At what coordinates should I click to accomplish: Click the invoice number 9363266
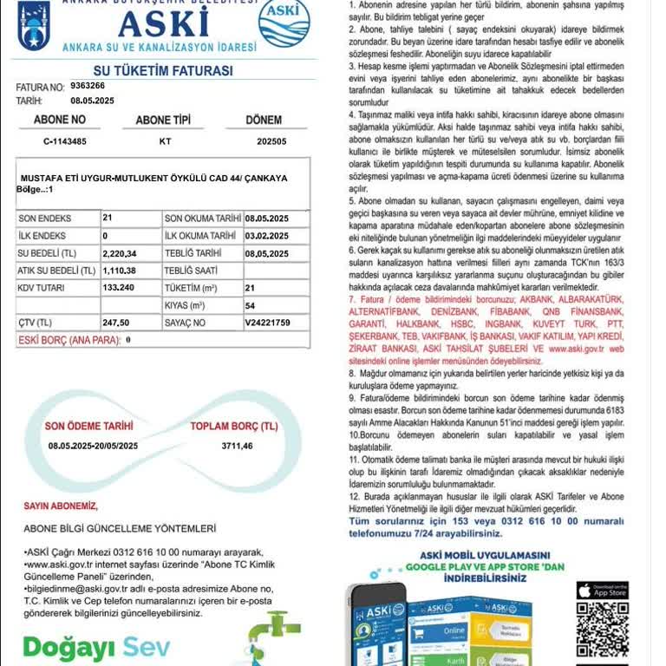(x=88, y=86)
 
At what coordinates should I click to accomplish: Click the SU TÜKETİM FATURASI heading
(x=162, y=70)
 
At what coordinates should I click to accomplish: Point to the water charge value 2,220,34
(x=120, y=253)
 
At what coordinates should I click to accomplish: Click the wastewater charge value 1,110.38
(x=120, y=271)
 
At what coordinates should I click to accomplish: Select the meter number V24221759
(x=267, y=323)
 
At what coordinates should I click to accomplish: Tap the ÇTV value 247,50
(x=115, y=323)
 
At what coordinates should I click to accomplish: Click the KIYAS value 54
(x=250, y=305)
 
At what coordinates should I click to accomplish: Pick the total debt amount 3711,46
(x=237, y=446)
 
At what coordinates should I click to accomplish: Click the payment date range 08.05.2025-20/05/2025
(x=93, y=446)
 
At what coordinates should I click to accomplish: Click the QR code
(x=602, y=629)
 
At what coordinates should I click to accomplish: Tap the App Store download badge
(x=602, y=591)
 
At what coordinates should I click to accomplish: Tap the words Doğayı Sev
(x=96, y=647)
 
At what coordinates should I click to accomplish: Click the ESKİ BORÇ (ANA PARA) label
(x=69, y=340)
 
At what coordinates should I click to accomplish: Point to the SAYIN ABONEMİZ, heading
(x=61, y=506)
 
